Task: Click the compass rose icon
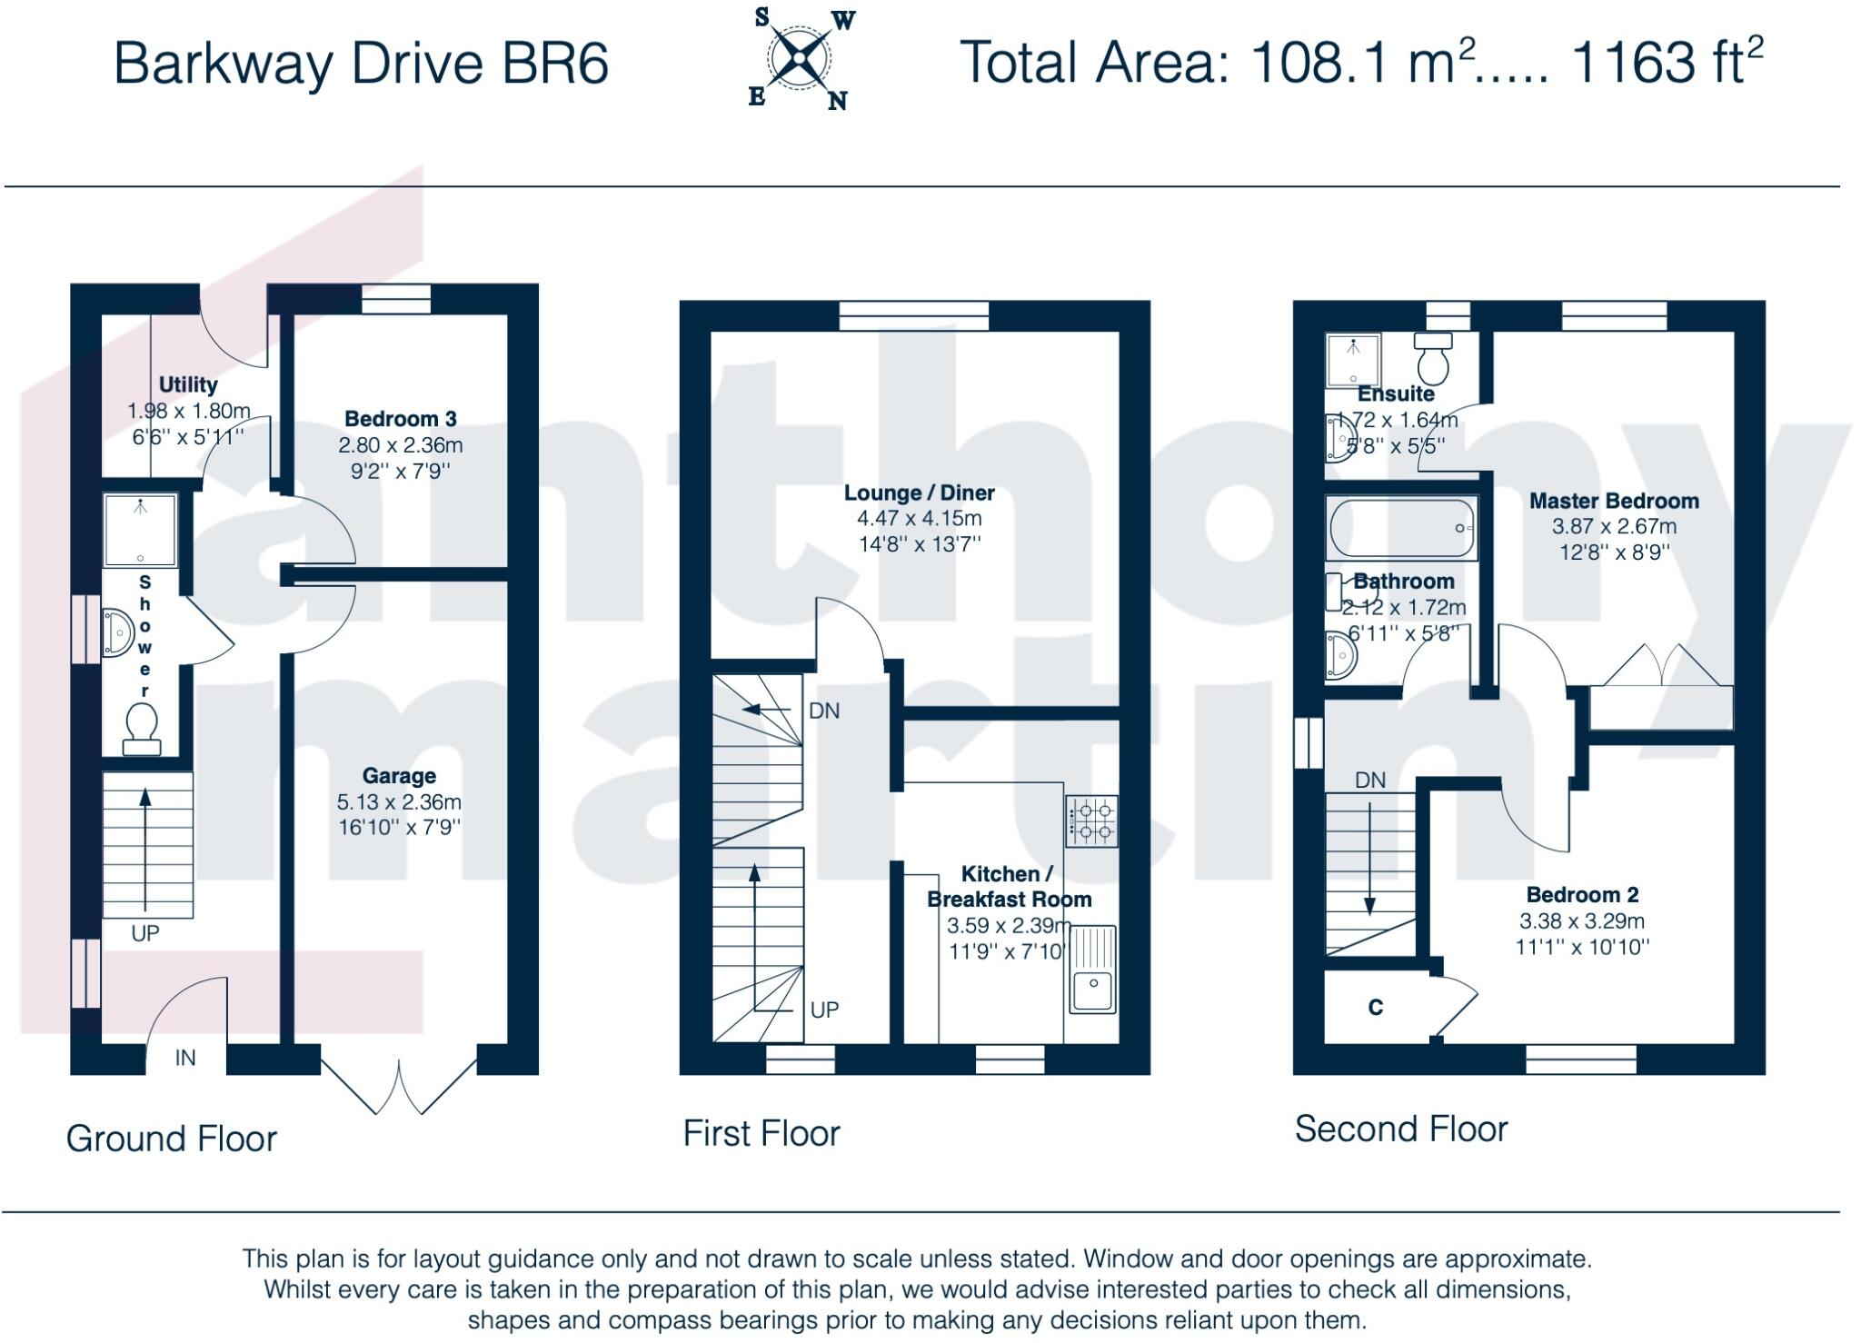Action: (x=799, y=59)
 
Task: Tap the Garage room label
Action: (x=399, y=776)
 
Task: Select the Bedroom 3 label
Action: (x=401, y=419)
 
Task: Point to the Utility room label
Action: (x=188, y=384)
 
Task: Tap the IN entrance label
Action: (x=185, y=1058)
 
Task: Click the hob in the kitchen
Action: (x=1092, y=821)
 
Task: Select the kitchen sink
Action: (x=1092, y=970)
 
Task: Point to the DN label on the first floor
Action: (x=824, y=711)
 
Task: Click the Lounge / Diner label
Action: (x=920, y=492)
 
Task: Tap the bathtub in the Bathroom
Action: (x=1401, y=528)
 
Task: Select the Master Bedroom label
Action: (x=1614, y=501)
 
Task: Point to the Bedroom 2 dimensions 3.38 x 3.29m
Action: (x=1582, y=921)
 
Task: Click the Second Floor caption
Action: (x=1401, y=1129)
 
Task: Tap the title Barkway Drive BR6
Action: (x=361, y=64)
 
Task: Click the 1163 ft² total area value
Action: (x=1667, y=61)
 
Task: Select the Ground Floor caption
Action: (x=171, y=1139)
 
